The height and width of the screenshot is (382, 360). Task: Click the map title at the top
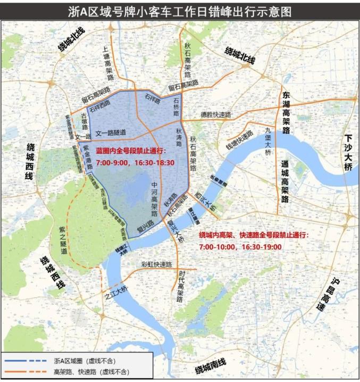tap(180, 12)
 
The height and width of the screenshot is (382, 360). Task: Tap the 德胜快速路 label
tap(216, 114)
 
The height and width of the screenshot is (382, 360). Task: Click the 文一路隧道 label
tap(111, 132)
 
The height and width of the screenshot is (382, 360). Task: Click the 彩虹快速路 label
tap(156, 264)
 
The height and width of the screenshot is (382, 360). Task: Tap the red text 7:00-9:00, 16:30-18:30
tap(136, 163)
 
